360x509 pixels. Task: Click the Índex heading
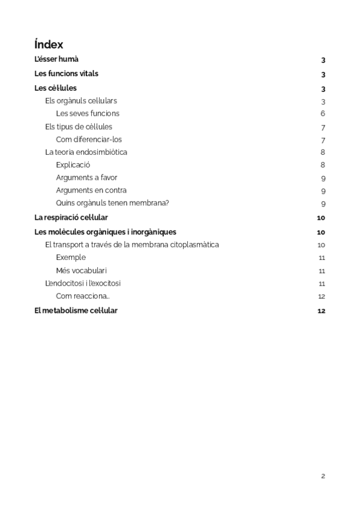tap(49, 44)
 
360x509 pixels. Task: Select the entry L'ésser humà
tap(56, 59)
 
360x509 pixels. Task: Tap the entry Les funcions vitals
tap(67, 74)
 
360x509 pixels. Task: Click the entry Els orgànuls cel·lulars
tap(81, 100)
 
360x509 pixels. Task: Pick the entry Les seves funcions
tap(88, 113)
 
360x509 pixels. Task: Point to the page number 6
tap(323, 113)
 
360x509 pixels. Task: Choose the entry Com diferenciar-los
tap(89, 139)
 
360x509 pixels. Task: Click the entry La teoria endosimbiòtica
tap(86, 152)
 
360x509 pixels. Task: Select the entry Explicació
tap(73, 164)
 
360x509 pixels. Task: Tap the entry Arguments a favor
tap(86, 178)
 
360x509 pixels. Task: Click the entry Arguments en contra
tap(91, 190)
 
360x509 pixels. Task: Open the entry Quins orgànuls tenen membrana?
tap(112, 203)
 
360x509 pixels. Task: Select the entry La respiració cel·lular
tap(71, 217)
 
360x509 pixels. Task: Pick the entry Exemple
tap(71, 258)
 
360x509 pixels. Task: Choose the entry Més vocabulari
tap(82, 271)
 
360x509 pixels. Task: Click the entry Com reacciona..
tap(83, 296)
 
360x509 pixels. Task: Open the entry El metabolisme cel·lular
tap(76, 310)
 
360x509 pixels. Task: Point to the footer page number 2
tap(323, 476)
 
